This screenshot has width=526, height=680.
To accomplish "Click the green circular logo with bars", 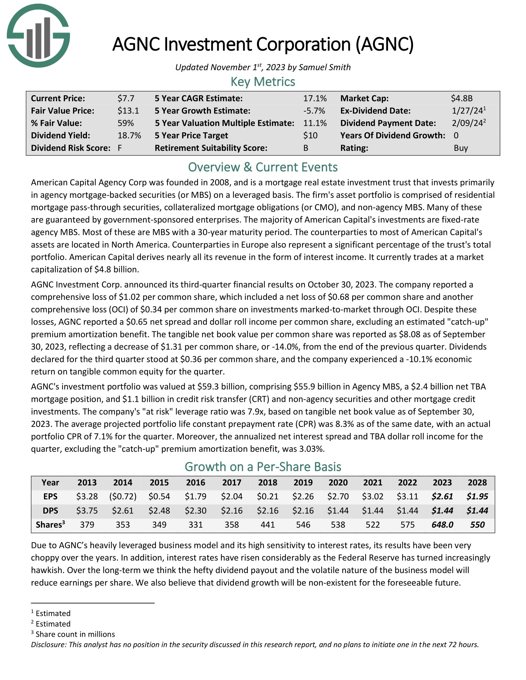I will coord(38,36).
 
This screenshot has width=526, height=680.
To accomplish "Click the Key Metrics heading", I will coord(263,82).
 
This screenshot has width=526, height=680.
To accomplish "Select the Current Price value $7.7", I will coord(126,98).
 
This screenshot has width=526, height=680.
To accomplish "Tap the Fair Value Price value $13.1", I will coord(128,111).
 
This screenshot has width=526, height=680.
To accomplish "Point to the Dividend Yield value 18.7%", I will coord(129,135).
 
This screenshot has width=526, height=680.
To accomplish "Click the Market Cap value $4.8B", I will coord(462,98).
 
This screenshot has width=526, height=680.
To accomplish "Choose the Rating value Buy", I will coord(461,148).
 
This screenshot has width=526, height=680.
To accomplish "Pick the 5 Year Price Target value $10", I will coord(310,135).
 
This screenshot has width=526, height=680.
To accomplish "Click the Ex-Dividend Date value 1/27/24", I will coord(467,111).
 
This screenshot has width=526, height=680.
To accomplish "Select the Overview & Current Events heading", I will coord(263,167).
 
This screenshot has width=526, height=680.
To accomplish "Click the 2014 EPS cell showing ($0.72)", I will coord(123,496).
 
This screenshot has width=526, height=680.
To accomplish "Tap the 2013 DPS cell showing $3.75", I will coord(87,511).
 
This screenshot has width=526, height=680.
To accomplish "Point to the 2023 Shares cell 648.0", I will coord(442,525).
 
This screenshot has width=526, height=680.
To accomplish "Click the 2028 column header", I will coord(477,482).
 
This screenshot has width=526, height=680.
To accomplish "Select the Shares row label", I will coord(50,525).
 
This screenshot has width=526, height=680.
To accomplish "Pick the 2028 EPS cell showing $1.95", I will coord(477,496).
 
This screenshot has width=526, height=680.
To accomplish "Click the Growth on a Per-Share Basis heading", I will coord(263,467).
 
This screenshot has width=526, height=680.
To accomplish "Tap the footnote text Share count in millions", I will coord(75,634).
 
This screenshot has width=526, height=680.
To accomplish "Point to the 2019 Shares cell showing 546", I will coord(303,525).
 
